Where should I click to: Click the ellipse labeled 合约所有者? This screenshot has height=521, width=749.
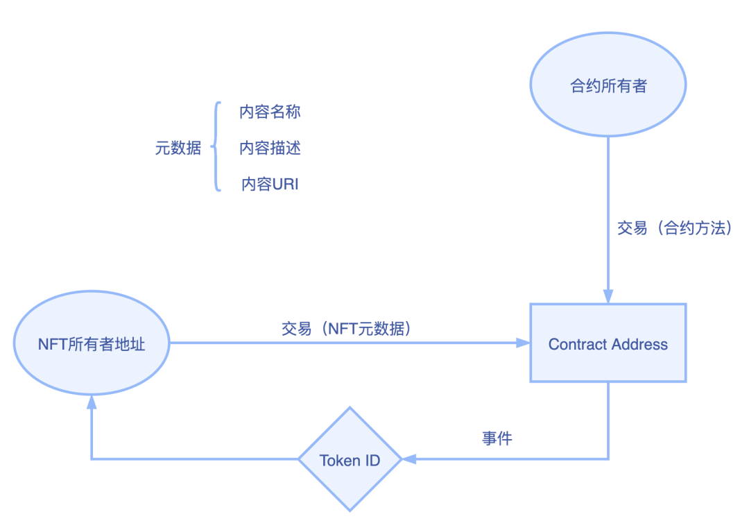pos(608,85)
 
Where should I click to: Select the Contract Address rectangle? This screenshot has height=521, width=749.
pos(608,343)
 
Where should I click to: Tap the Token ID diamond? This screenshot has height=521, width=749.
pos(350,459)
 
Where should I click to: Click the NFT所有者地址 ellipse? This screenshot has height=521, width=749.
pos(91,343)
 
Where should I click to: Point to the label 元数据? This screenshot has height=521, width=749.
pos(178,148)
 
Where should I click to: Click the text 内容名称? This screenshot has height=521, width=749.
pos(270,112)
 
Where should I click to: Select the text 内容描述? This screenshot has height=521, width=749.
pos(270,148)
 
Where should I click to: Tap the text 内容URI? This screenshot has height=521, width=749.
pos(270,184)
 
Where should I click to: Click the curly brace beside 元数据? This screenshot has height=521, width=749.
pos(216,147)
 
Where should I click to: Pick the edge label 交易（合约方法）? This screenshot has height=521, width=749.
pos(674,228)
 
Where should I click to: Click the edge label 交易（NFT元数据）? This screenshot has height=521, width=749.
pos(347,328)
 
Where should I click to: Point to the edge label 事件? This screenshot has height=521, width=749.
pos(497,438)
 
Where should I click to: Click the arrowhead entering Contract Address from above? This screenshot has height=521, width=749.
pos(608,296)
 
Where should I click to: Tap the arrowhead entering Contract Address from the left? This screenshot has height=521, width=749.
pos(522,343)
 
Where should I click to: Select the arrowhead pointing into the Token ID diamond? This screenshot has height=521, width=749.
pos(409,459)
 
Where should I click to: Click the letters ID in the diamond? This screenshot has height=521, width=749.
pos(372,461)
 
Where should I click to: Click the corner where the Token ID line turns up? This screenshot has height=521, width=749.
pos(91,459)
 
